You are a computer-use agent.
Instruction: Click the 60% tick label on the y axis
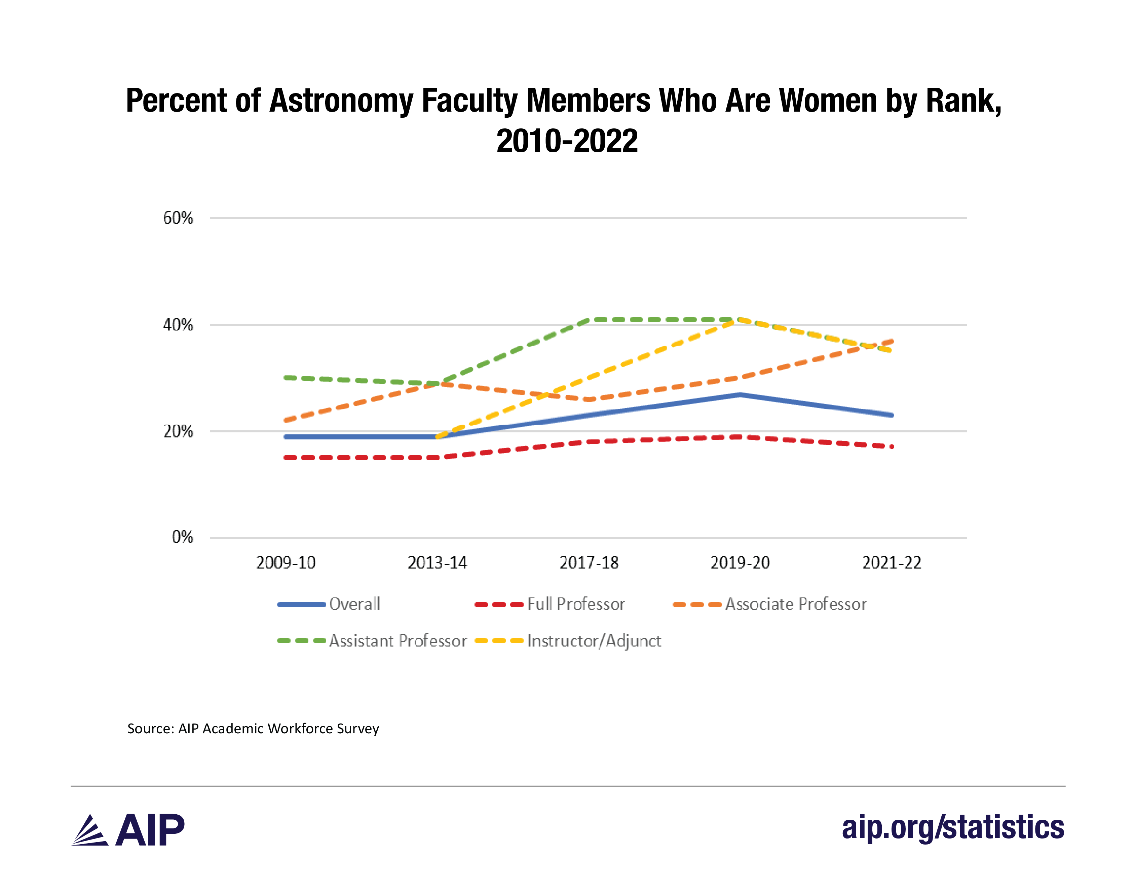click(178, 218)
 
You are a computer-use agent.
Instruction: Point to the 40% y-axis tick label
click(178, 325)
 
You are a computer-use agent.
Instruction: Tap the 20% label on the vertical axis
click(178, 432)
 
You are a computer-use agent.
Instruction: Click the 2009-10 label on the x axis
click(286, 563)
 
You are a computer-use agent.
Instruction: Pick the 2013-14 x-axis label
click(437, 563)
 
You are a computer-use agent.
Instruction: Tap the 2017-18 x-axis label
click(589, 563)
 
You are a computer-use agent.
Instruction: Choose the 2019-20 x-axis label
click(740, 563)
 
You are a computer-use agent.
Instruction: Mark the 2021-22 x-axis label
click(892, 563)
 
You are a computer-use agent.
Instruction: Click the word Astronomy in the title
click(341, 101)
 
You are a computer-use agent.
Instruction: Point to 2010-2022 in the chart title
click(567, 141)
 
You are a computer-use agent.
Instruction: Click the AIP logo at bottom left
click(128, 830)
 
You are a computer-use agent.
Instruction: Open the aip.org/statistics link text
click(952, 827)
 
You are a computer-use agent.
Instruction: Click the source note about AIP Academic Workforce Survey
click(253, 729)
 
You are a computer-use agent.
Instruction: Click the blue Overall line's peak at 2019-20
click(740, 394)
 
